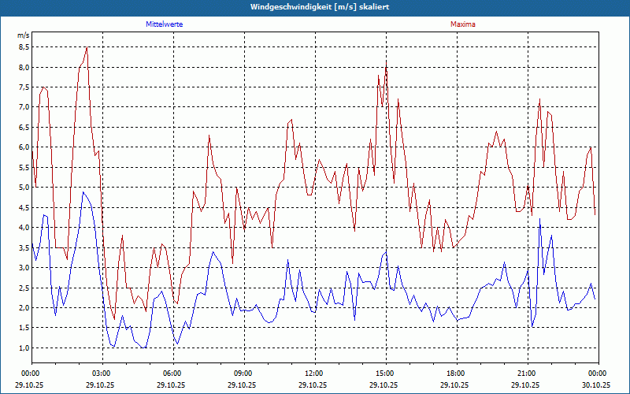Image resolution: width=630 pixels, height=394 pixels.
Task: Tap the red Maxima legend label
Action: [463, 24]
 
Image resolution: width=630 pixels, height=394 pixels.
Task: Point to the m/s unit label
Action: [23, 35]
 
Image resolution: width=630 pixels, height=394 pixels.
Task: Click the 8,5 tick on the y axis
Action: [24, 47]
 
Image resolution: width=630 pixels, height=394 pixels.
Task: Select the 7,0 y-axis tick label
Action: [24, 107]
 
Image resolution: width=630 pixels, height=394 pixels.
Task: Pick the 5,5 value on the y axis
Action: [24, 168]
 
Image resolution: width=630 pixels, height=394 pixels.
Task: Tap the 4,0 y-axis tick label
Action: [24, 228]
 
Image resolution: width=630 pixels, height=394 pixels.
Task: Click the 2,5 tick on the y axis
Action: [24, 288]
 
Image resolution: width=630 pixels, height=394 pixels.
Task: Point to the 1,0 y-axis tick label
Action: [24, 348]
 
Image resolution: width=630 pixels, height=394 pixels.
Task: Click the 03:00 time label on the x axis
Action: [101, 374]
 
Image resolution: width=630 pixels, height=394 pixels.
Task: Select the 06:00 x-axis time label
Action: [172, 374]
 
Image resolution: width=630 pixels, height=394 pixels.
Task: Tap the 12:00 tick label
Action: [313, 374]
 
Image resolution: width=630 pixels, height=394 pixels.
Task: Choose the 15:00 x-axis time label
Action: [384, 374]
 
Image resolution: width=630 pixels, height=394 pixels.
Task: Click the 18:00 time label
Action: [455, 374]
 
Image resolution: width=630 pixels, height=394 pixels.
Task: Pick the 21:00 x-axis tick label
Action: [526, 374]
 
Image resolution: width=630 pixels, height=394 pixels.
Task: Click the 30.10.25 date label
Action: [597, 385]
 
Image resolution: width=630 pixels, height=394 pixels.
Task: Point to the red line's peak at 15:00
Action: [386, 61]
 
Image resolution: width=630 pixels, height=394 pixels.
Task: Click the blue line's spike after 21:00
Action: [539, 220]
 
